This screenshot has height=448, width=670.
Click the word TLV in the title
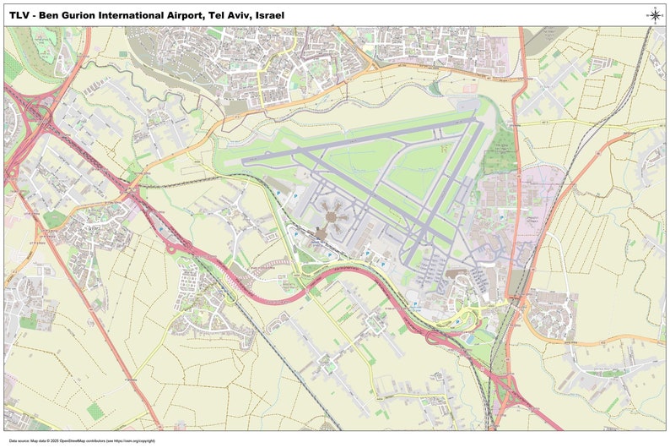(x=21, y=14)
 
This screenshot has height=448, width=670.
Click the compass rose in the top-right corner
(x=655, y=14)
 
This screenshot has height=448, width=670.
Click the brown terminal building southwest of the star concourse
(x=322, y=231)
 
